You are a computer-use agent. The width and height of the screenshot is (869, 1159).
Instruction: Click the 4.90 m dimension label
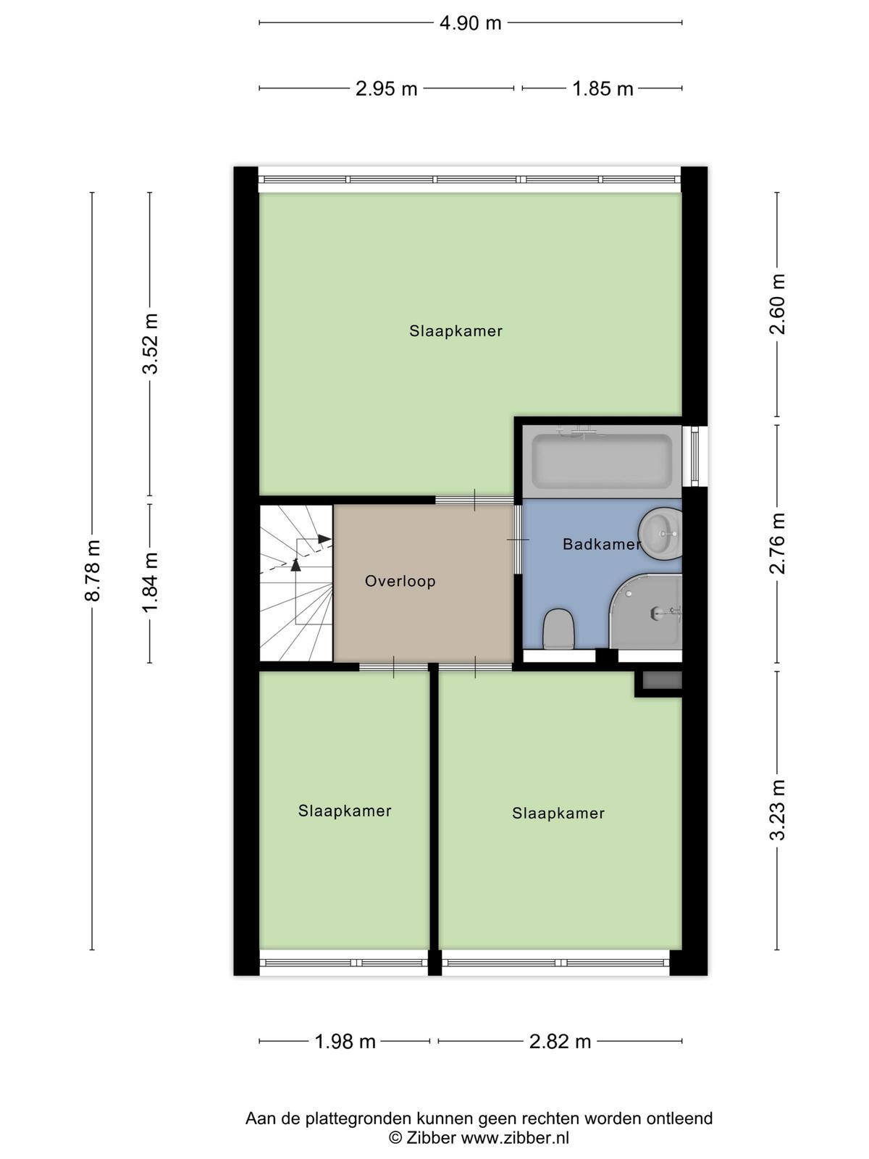[x=470, y=23]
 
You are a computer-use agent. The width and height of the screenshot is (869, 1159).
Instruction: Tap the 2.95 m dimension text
[x=386, y=88]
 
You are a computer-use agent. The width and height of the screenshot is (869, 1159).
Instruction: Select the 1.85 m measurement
[x=603, y=88]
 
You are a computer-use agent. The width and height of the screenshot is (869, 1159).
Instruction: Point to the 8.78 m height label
[x=93, y=570]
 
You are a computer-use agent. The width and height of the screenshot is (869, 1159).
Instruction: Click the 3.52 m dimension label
[x=151, y=344]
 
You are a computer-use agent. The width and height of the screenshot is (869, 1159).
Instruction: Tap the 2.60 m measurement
[x=777, y=304]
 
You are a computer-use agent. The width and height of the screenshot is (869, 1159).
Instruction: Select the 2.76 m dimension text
[x=777, y=543]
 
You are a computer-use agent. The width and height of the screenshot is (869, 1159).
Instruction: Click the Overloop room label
[x=400, y=582]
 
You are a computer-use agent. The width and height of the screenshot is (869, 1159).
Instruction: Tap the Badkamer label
[x=602, y=544]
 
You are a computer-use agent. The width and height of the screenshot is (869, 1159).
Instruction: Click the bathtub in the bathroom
[x=602, y=461]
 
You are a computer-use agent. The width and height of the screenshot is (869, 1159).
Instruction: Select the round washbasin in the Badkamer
[x=660, y=534]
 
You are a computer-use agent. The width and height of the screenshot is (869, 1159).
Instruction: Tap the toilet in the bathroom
[x=558, y=628]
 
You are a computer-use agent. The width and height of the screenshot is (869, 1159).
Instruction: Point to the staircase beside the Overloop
[x=296, y=583]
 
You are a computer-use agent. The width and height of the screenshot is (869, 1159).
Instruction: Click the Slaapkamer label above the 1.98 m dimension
[x=345, y=811]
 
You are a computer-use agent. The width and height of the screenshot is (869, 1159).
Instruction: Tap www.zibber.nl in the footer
[x=515, y=1137]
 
